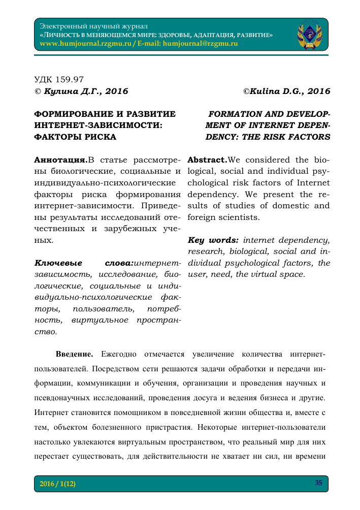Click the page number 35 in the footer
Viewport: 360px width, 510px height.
click(x=318, y=483)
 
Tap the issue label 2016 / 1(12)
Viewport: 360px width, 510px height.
click(x=57, y=484)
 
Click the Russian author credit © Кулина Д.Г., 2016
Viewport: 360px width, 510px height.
click(x=81, y=91)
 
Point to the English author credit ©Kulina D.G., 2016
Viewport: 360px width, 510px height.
click(x=286, y=91)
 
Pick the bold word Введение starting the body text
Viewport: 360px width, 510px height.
click(x=74, y=353)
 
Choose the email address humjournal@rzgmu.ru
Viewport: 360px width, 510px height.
click(x=200, y=44)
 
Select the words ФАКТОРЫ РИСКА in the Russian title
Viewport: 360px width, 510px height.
click(x=75, y=137)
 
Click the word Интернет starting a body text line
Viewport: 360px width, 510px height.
click(x=53, y=412)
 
